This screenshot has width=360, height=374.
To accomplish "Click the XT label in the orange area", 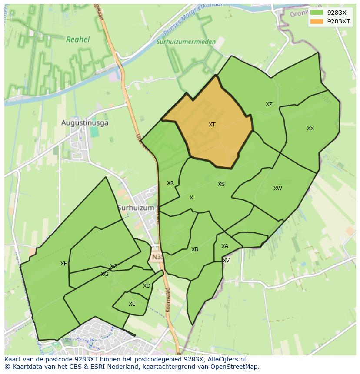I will pos(212,125).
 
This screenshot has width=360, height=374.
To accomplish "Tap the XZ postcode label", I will pos(269,104).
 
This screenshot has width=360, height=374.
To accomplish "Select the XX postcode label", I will pos(310,129).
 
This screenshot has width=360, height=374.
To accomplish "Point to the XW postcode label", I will pos(277,189).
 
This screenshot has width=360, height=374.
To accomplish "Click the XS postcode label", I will pos(221,184).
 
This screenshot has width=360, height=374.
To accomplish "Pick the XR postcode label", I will pos(170,183).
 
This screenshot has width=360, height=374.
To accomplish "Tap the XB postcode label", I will pos(195,249).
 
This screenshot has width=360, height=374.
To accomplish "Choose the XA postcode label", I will pos(224,246).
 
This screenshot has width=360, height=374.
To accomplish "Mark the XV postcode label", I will pos(226,261).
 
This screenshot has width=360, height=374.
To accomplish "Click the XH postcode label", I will pos(64,264).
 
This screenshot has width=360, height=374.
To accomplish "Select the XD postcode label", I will pos(147,286).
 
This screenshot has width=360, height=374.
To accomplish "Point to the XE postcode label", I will pos(132,304).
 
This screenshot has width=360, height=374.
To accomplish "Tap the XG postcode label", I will pos(104,274).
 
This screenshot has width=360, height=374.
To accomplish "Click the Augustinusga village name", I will pos(85,123).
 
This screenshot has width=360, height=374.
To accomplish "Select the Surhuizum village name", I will pos(136,208).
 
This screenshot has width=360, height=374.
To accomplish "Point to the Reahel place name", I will pos(78,40).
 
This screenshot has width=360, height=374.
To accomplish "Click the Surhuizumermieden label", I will pos(186,42).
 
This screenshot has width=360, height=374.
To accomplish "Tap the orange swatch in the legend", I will pos(317,21).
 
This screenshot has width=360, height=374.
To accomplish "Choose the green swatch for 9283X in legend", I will pos(317,13).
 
